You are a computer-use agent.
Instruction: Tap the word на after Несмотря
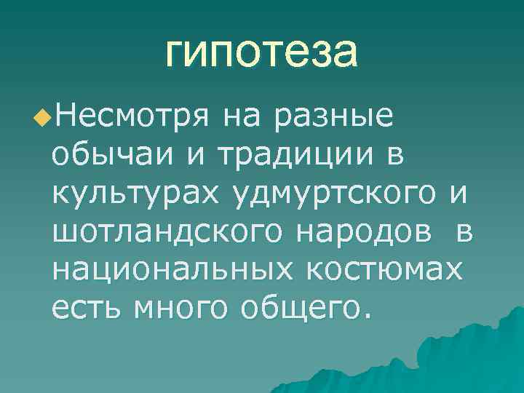pos(241,115)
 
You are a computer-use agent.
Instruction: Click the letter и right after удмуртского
pos(456,194)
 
